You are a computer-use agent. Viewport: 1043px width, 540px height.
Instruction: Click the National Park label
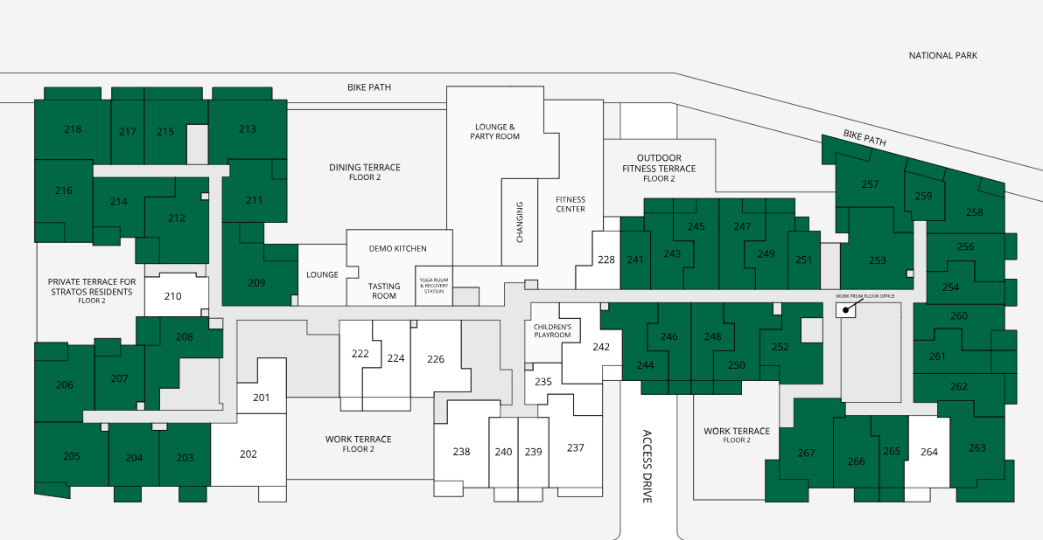[x=942, y=56]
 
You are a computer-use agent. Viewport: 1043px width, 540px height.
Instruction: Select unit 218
[x=73, y=128]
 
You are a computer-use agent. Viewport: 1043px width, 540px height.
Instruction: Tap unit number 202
[x=248, y=454]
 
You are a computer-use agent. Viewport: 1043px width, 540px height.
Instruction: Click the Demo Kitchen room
[x=398, y=248]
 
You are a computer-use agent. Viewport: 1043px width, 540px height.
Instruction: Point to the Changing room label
[x=520, y=222]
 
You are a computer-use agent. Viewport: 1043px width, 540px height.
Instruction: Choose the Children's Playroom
[x=551, y=331]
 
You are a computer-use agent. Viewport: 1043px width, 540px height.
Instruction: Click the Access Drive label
[x=647, y=467]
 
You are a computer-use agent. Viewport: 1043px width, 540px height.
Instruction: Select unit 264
[x=927, y=453]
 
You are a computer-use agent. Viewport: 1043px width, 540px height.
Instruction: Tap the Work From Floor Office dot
[x=846, y=308]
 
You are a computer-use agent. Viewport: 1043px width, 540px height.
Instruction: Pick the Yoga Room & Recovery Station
[x=434, y=286]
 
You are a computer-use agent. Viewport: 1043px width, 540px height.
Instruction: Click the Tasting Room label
[x=384, y=291]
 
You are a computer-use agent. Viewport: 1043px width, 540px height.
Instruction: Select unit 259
[x=924, y=196]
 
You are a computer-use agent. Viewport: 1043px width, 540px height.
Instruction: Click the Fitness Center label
[x=570, y=204]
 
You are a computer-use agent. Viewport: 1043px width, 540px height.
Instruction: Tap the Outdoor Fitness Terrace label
[x=659, y=168]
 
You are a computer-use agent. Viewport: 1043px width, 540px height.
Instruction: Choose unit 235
[x=542, y=382]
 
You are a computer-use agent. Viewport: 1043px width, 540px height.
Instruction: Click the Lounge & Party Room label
[x=495, y=132]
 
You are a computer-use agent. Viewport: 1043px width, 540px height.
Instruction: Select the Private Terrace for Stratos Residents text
[x=92, y=291]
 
